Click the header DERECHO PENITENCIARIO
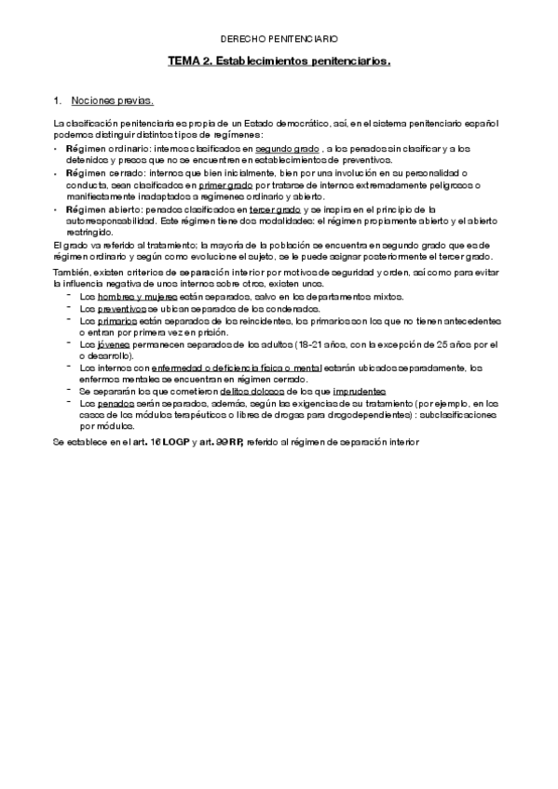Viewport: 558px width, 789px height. pos(279,40)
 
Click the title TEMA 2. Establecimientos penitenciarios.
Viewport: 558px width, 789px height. pos(279,61)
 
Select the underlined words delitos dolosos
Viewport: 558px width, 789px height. pos(242,392)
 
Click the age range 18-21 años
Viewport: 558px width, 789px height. pos(324,343)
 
